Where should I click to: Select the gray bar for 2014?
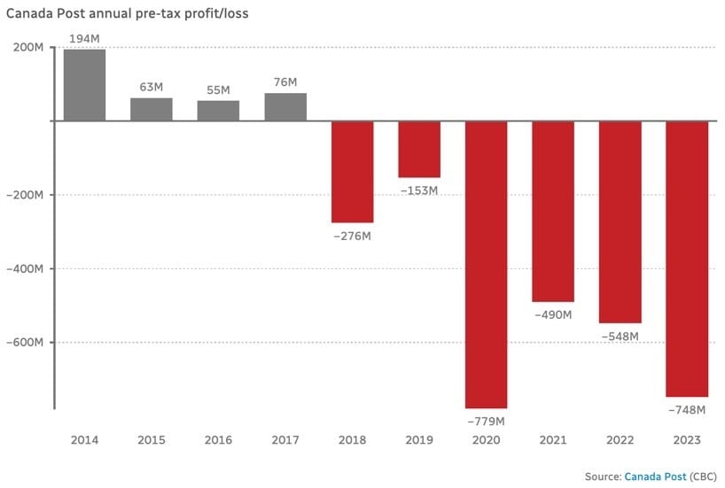coord(84,85)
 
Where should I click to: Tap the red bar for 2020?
coord(486,264)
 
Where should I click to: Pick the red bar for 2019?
coord(418,149)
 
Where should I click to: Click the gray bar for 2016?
coord(218,111)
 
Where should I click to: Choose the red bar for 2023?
coord(687,259)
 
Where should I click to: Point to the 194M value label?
coord(84,39)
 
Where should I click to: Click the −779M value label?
coord(486,421)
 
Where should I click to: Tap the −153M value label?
coord(418,190)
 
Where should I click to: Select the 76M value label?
coord(285,83)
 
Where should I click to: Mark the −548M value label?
coord(620,337)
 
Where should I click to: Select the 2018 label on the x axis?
coord(352,440)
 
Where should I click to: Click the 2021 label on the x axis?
coord(552,440)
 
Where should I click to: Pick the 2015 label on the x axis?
coord(151,440)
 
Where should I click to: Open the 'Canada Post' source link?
coord(653,476)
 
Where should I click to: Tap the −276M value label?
coord(352,236)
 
